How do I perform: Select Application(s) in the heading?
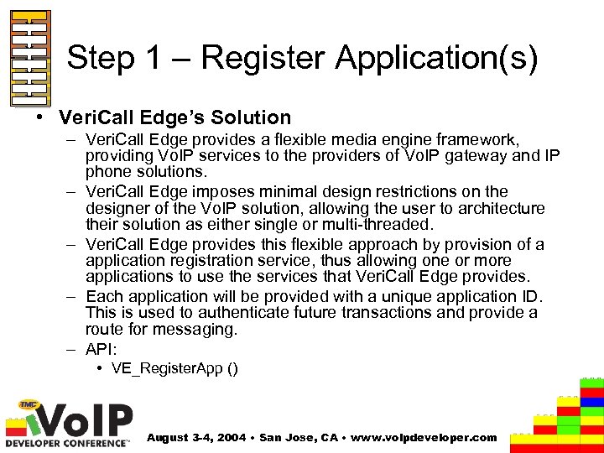click(436, 59)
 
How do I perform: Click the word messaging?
click(196, 330)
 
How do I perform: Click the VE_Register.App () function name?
click(174, 369)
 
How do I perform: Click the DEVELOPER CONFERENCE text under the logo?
click(68, 442)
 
